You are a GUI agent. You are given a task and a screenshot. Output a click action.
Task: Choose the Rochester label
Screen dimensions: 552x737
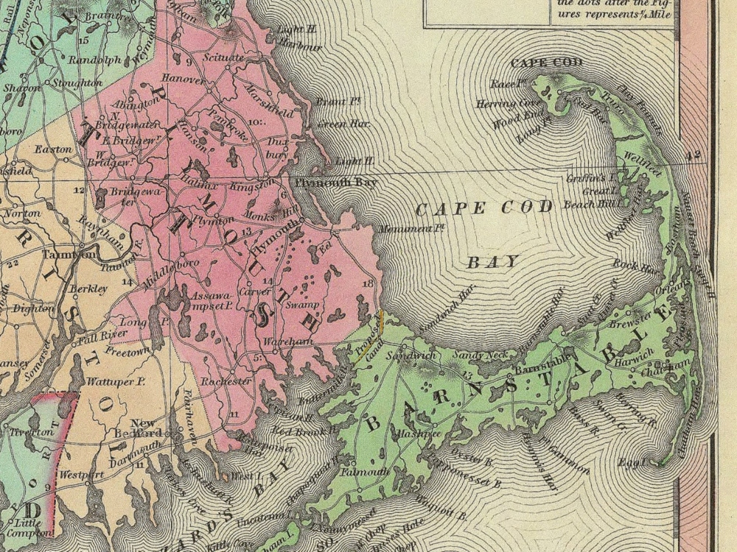click(226, 381)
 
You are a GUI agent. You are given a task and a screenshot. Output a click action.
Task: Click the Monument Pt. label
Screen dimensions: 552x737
click(405, 230)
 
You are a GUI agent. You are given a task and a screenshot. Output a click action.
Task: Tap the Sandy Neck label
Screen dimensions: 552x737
click(476, 356)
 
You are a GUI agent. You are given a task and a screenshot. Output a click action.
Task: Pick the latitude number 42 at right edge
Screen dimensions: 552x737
click(691, 155)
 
